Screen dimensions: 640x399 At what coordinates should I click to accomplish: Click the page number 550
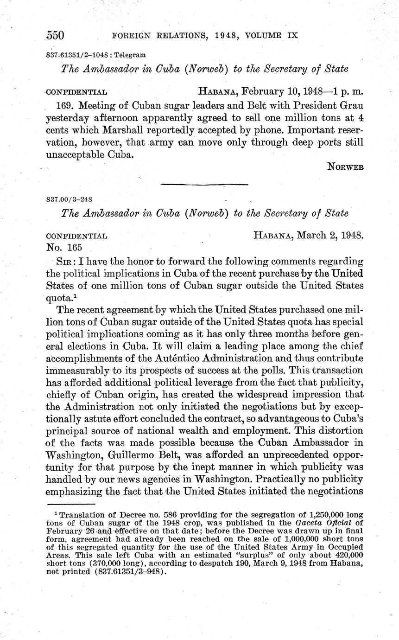click(x=55, y=35)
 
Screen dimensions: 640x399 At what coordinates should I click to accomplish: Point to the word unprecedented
click(x=287, y=454)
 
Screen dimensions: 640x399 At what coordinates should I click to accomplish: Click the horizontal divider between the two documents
click(x=204, y=185)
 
